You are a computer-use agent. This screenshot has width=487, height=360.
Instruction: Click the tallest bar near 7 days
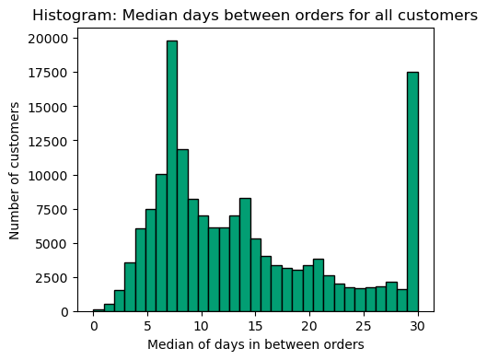(171, 176)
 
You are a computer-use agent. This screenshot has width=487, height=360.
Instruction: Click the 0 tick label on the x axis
(93, 328)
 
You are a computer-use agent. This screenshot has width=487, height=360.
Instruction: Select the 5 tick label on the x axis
(147, 328)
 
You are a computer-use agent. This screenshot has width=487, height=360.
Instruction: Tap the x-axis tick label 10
(202, 328)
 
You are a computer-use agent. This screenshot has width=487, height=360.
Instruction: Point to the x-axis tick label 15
(255, 328)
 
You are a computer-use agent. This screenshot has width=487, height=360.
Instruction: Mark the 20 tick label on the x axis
(309, 328)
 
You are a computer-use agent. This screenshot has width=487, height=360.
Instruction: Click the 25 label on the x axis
(364, 328)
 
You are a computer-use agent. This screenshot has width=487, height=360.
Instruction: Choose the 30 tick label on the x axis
(418, 328)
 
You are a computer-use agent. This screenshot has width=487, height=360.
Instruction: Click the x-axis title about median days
(255, 345)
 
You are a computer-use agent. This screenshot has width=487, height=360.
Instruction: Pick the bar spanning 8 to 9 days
(182, 230)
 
